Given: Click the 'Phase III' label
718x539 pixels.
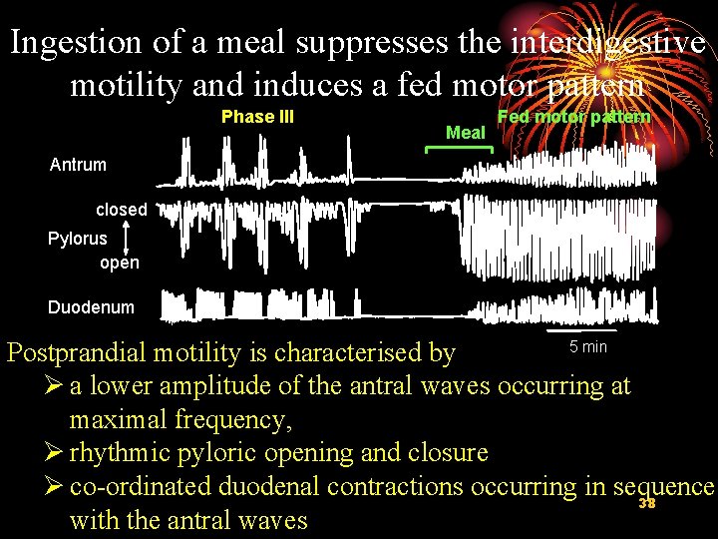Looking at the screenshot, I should [x=257, y=117].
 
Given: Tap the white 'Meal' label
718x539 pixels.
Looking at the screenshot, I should [x=465, y=133].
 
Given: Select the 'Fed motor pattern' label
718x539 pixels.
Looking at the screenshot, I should [x=573, y=117].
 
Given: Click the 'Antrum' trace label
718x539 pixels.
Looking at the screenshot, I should [x=78, y=165].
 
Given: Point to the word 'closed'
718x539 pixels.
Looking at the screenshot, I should [x=121, y=210].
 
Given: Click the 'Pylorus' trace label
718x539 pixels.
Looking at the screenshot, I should [x=77, y=239].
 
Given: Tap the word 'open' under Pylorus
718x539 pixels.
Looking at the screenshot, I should [x=120, y=263].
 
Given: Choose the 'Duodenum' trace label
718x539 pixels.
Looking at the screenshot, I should [x=90, y=307].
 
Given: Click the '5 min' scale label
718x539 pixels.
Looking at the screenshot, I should [x=587, y=347].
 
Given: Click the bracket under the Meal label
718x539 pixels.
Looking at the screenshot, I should [x=459, y=149].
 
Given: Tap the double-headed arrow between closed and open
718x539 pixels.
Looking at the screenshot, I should [x=128, y=237].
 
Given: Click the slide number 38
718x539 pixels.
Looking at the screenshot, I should [x=646, y=504].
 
